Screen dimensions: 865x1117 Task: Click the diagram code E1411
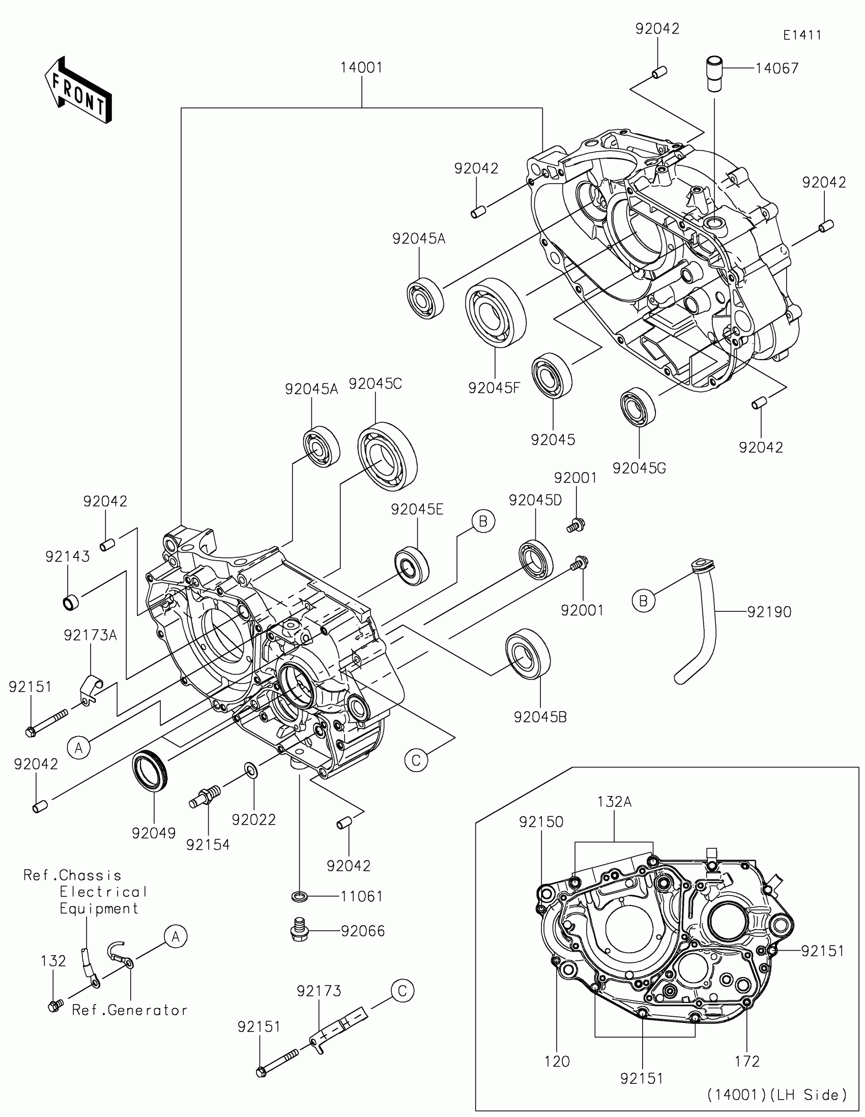[802, 35]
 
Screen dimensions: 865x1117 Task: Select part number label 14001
[362, 68]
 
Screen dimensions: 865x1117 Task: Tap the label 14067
[777, 68]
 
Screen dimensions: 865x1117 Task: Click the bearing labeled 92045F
[496, 313]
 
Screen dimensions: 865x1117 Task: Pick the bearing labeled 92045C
[387, 456]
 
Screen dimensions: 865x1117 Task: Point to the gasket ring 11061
[299, 897]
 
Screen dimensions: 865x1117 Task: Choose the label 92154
[208, 844]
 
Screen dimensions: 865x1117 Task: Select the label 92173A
[90, 635]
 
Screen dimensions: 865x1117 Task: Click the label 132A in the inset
[614, 802]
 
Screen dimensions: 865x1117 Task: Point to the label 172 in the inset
[747, 1062]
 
